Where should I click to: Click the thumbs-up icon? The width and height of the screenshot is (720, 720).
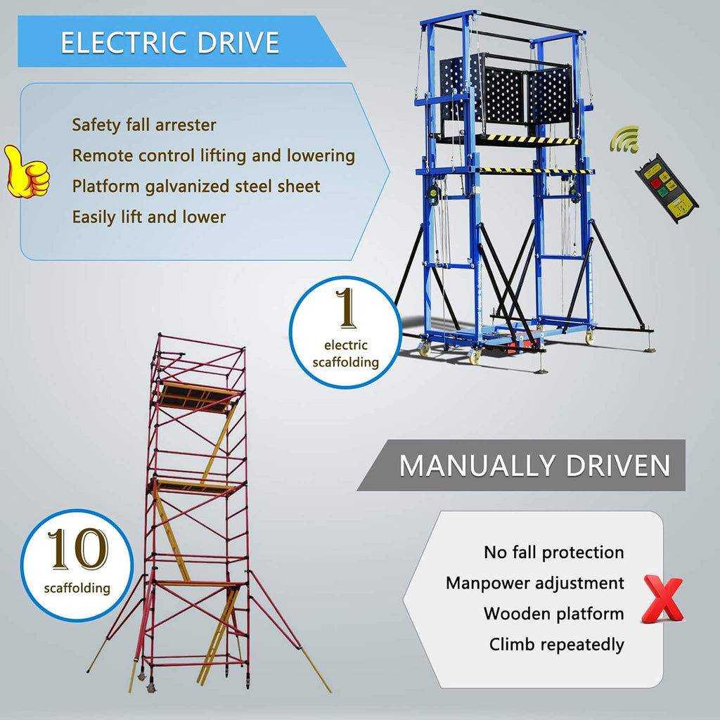pyautogui.click(x=27, y=172)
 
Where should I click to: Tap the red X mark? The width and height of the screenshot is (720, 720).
pyautogui.click(x=663, y=599)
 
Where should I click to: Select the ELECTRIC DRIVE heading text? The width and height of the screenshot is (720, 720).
pyautogui.click(x=170, y=43)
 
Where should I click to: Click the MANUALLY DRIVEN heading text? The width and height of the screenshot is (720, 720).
pyautogui.click(x=534, y=465)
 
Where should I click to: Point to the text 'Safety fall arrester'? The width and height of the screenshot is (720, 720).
pyautogui.click(x=144, y=125)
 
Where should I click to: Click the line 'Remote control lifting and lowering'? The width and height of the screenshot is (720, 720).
pyautogui.click(x=214, y=155)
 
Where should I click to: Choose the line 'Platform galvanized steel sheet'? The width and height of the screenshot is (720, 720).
pyautogui.click(x=196, y=186)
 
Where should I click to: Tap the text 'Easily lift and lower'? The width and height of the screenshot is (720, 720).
pyautogui.click(x=149, y=217)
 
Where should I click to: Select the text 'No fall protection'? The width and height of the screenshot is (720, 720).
pyautogui.click(x=554, y=553)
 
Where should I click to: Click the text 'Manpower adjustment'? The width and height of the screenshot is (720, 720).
pyautogui.click(x=535, y=583)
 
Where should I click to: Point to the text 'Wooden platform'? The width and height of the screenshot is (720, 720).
pyautogui.click(x=554, y=614)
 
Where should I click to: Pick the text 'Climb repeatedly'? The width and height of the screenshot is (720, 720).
pyautogui.click(x=557, y=645)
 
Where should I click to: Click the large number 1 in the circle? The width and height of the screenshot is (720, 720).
pyautogui.click(x=346, y=308)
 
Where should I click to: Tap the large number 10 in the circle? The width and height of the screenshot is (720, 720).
pyautogui.click(x=77, y=548)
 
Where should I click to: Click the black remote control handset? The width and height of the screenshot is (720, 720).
pyautogui.click(x=667, y=188)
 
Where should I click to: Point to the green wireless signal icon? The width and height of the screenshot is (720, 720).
pyautogui.click(x=625, y=139)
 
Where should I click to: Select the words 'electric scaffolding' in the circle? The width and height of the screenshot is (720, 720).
pyautogui.click(x=346, y=354)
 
